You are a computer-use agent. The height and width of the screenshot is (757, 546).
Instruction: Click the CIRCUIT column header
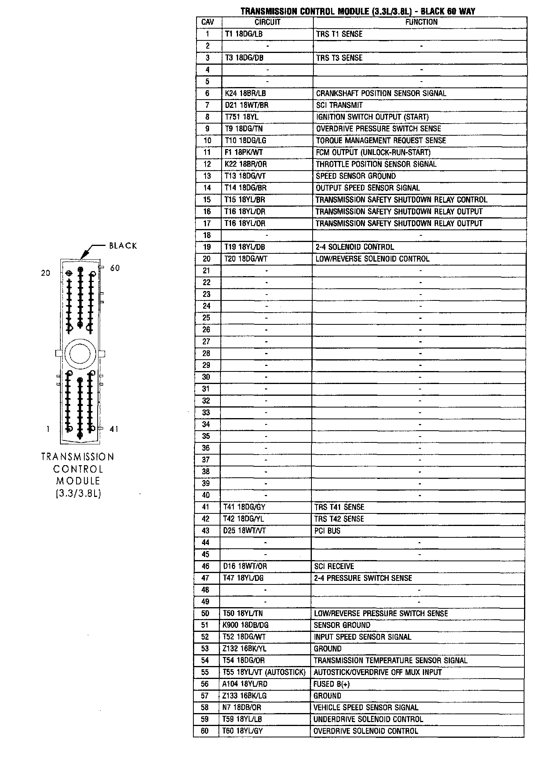[x=267, y=22]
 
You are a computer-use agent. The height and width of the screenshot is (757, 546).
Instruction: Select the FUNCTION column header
[x=421, y=22]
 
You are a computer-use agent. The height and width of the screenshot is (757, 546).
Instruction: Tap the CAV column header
[x=207, y=22]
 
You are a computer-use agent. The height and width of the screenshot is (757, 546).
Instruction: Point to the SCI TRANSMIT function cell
[x=339, y=105]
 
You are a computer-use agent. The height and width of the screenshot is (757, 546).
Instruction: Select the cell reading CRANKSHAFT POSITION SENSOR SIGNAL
[x=381, y=93]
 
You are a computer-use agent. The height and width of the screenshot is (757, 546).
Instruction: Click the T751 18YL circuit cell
[x=242, y=117]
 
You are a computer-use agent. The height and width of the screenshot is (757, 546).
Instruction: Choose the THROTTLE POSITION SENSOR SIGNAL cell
[x=376, y=164]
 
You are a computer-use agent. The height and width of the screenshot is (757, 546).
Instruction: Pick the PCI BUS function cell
[x=327, y=531]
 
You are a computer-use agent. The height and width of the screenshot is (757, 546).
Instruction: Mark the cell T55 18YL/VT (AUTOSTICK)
[x=264, y=672]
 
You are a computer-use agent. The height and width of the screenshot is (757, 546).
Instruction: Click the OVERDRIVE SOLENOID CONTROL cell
[x=366, y=731]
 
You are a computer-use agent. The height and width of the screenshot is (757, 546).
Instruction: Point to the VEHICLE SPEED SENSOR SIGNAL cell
[x=366, y=708]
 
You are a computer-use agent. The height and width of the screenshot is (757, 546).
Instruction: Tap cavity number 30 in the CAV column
[x=206, y=377]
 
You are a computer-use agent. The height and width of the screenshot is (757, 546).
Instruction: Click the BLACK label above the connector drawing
[x=123, y=246]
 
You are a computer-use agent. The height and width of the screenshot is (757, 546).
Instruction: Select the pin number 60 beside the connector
[x=115, y=268]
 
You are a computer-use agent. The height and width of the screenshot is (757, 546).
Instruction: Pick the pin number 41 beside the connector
[x=114, y=429]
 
